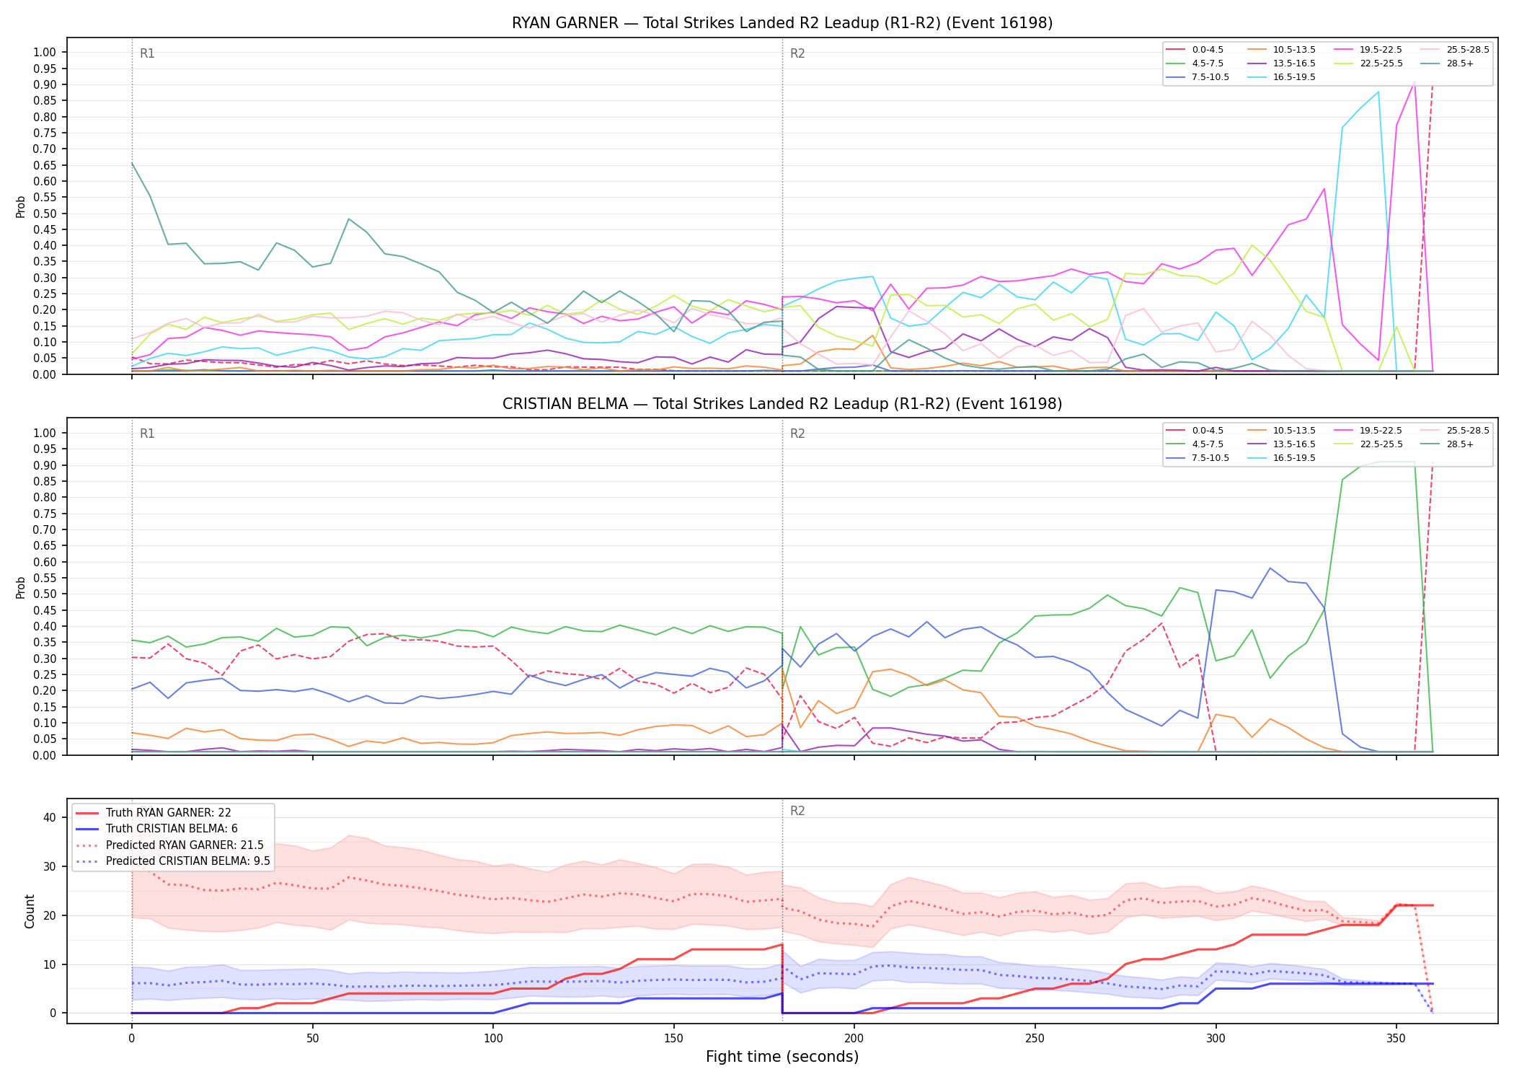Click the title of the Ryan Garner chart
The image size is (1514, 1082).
point(782,23)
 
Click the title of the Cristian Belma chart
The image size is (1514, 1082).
point(782,404)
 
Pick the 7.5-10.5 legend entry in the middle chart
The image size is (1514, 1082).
point(1198,458)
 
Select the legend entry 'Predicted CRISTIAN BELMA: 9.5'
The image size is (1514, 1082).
point(172,861)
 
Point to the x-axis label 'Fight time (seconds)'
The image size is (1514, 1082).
point(782,1057)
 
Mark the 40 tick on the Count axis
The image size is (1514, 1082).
point(50,817)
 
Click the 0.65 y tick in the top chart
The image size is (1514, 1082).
point(45,165)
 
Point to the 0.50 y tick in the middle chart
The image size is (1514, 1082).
point(45,594)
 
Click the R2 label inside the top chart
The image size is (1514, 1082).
point(797,53)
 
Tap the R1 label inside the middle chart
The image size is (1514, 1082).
point(147,434)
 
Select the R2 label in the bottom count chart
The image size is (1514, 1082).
point(797,811)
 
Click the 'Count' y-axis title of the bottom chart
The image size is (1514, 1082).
point(30,911)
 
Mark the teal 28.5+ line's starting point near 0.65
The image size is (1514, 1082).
point(132,163)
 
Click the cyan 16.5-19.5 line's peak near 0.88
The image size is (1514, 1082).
point(1378,92)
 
